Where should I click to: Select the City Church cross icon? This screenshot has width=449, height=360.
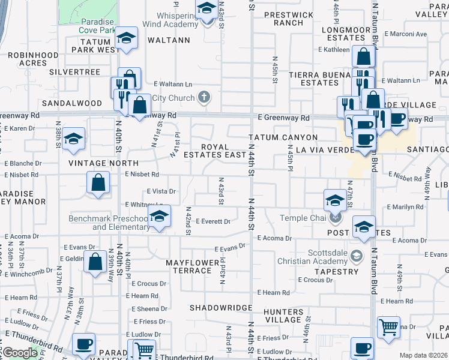[204, 97]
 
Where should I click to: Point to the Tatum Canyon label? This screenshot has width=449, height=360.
[283, 138]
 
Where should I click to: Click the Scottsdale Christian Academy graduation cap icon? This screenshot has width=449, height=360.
[357, 256]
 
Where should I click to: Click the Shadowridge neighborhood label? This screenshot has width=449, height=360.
[221, 307]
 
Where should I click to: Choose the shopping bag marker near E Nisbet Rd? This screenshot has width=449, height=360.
[98, 183]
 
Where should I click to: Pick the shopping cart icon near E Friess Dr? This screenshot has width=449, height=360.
[388, 327]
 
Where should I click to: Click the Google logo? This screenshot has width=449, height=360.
[20, 353]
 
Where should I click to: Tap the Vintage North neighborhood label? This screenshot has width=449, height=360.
[103, 163]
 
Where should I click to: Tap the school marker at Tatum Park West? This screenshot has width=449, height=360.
[126, 38]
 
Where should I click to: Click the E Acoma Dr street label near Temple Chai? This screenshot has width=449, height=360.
[274, 238]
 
